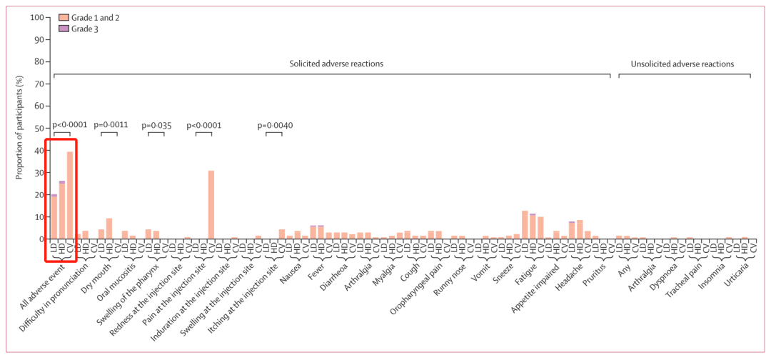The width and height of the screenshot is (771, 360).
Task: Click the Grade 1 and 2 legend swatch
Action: (x=63, y=17)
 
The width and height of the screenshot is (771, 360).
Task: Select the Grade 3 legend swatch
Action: (x=63, y=28)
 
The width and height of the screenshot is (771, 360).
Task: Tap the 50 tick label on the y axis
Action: (x=36, y=128)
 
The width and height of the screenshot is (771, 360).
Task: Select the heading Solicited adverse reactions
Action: (x=336, y=64)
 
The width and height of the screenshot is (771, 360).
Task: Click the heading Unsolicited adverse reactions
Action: (x=682, y=64)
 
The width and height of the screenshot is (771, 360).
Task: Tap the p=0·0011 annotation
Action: (x=111, y=125)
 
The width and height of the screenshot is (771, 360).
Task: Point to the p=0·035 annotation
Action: (x=156, y=125)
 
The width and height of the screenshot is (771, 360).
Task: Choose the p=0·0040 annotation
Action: (x=275, y=125)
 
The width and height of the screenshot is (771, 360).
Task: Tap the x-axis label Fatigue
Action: (x=525, y=272)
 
